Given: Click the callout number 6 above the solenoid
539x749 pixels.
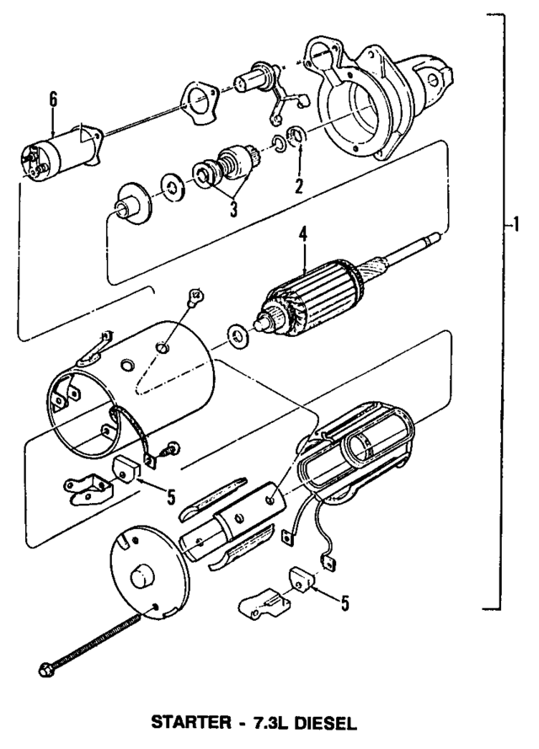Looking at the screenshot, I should pyautogui.click(x=53, y=99).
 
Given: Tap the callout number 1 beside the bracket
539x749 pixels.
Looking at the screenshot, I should pyautogui.click(x=514, y=225).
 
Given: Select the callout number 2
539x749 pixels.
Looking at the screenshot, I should pyautogui.click(x=297, y=185).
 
